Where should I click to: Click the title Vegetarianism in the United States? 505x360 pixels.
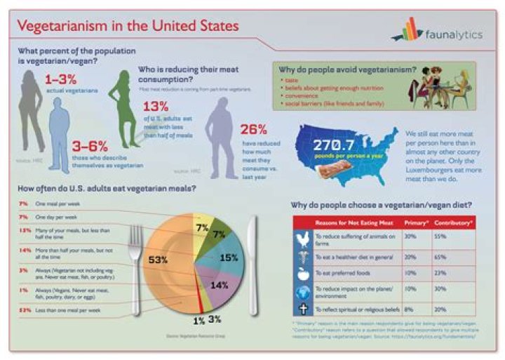tap(128, 27)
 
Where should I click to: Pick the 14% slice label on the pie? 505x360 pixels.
tap(219, 286)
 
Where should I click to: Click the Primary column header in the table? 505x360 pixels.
tap(419, 222)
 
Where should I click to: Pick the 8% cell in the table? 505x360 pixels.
tap(410, 308)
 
